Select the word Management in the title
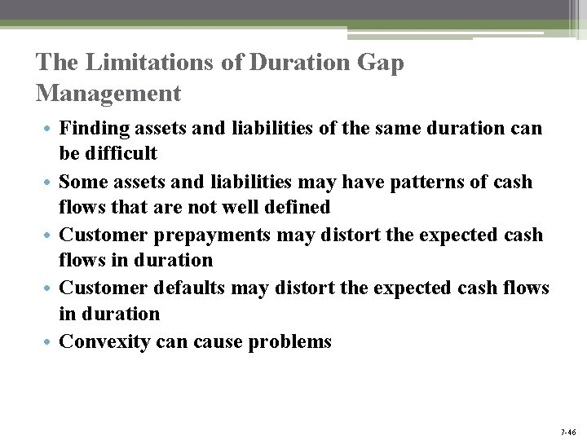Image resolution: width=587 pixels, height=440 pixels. pos(108,93)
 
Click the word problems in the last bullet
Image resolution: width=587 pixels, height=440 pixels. pos(289,341)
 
